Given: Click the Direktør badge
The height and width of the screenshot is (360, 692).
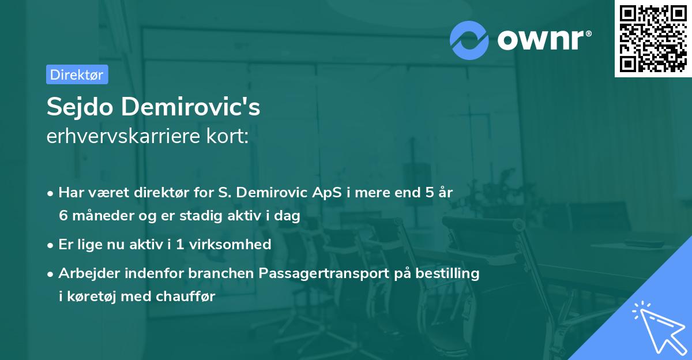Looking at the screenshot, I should click(x=77, y=74).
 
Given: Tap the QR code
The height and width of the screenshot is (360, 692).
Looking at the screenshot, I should click(x=653, y=39).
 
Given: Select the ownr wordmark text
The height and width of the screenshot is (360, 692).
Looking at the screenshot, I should click(x=544, y=40).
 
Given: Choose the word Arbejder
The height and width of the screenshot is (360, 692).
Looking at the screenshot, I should click(x=88, y=273).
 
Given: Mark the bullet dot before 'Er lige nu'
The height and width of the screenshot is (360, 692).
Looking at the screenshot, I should click(x=51, y=245).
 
